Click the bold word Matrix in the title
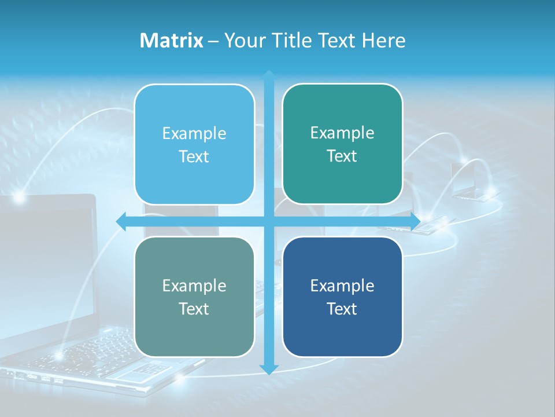[x=172, y=41]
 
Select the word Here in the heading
[x=384, y=41]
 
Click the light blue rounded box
[x=194, y=144]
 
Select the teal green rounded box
[x=342, y=144]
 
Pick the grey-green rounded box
[x=194, y=297]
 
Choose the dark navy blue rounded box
[x=342, y=297]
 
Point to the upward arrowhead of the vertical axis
[x=269, y=75]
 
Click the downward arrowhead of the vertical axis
[x=269, y=369]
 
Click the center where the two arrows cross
[x=269, y=221]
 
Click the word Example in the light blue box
[x=194, y=133]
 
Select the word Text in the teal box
[x=342, y=156]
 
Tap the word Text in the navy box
[x=342, y=309]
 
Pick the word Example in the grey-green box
[x=194, y=286]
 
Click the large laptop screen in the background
[x=46, y=261]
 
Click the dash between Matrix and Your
[x=213, y=41]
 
